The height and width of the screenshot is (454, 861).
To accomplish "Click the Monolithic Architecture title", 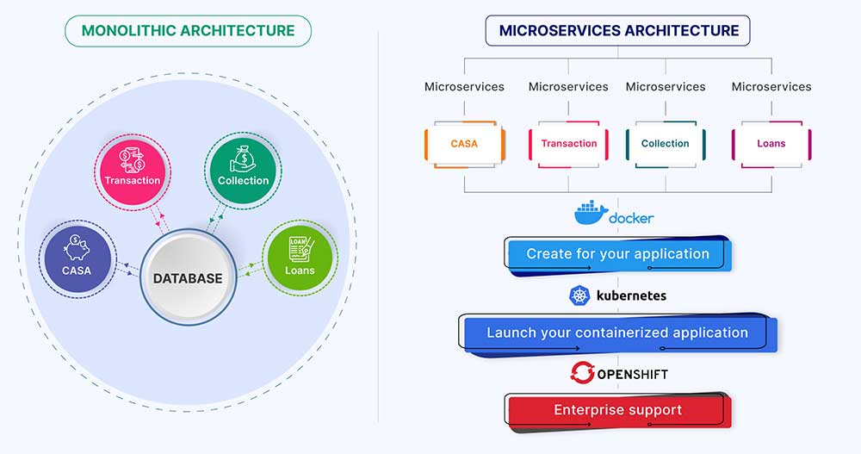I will (x=188, y=31).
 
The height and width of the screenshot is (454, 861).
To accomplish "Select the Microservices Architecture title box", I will (x=617, y=31).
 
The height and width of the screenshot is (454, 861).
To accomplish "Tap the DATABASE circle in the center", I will (x=188, y=278).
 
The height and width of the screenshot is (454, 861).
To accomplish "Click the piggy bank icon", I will (x=77, y=248).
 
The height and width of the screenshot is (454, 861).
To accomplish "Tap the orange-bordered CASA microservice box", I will (x=464, y=144).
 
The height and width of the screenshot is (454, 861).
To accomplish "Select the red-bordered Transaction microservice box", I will (x=568, y=144).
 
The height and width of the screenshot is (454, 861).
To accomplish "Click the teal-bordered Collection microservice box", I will (x=666, y=144).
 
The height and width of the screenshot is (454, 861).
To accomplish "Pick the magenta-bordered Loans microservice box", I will (x=771, y=144).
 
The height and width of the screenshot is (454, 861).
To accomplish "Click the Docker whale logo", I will (x=591, y=213).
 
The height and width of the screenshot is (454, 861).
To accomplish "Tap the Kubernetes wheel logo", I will (x=579, y=296).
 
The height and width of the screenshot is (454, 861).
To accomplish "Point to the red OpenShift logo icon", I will (x=582, y=373).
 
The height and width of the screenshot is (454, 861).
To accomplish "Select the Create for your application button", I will (x=618, y=254).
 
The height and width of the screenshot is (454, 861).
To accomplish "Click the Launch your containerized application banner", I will (x=617, y=333).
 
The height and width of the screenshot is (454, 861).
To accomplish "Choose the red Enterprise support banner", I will (x=617, y=410).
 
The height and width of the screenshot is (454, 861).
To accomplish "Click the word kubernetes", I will (x=629, y=296).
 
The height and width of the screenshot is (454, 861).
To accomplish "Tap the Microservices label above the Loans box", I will (x=771, y=87).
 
